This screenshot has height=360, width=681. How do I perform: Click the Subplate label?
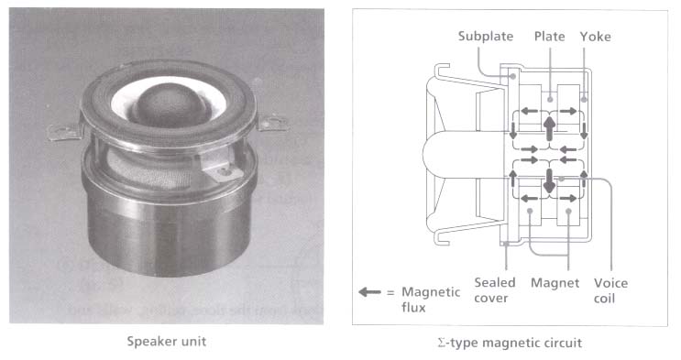[486, 37]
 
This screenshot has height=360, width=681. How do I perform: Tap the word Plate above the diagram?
[549, 37]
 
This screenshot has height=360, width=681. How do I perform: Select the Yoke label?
[596, 37]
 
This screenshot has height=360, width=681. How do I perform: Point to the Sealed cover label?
[495, 290]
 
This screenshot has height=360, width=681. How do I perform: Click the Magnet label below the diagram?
[555, 283]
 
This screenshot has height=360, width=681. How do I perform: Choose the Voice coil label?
[610, 290]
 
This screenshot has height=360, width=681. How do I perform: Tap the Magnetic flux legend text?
[431, 300]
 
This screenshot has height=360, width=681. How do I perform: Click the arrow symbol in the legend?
[369, 292]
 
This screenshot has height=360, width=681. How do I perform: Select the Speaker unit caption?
[166, 342]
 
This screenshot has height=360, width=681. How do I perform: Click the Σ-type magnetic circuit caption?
[510, 344]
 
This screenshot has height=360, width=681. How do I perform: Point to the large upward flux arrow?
[549, 129]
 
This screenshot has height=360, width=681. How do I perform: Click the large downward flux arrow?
[549, 181]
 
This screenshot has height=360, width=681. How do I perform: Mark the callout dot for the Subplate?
[513, 76]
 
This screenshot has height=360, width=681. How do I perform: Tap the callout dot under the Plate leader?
[550, 100]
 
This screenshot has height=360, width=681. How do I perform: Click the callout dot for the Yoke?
[584, 100]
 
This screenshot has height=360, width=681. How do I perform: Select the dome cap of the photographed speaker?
[170, 104]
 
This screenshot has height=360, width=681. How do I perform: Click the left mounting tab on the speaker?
[65, 131]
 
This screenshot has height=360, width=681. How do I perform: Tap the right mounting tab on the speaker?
[273, 123]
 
